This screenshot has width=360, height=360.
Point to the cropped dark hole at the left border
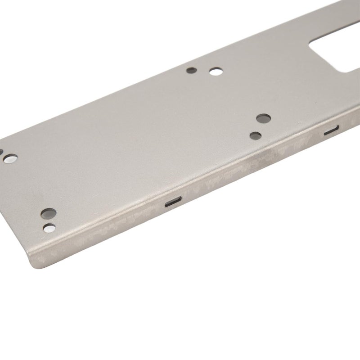click(x=1, y=152)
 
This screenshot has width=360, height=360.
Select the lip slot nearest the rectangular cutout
click(x=332, y=131)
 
